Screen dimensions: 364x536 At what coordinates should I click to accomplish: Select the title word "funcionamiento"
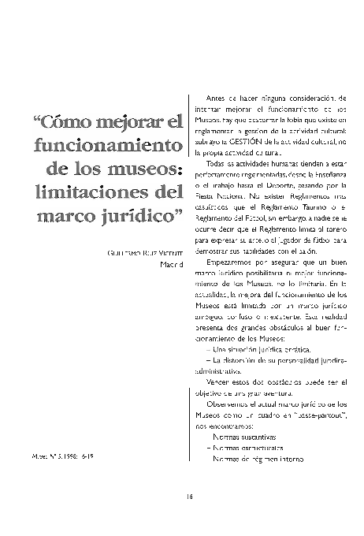click(109, 147)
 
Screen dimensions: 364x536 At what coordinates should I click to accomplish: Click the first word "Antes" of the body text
click(219, 96)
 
